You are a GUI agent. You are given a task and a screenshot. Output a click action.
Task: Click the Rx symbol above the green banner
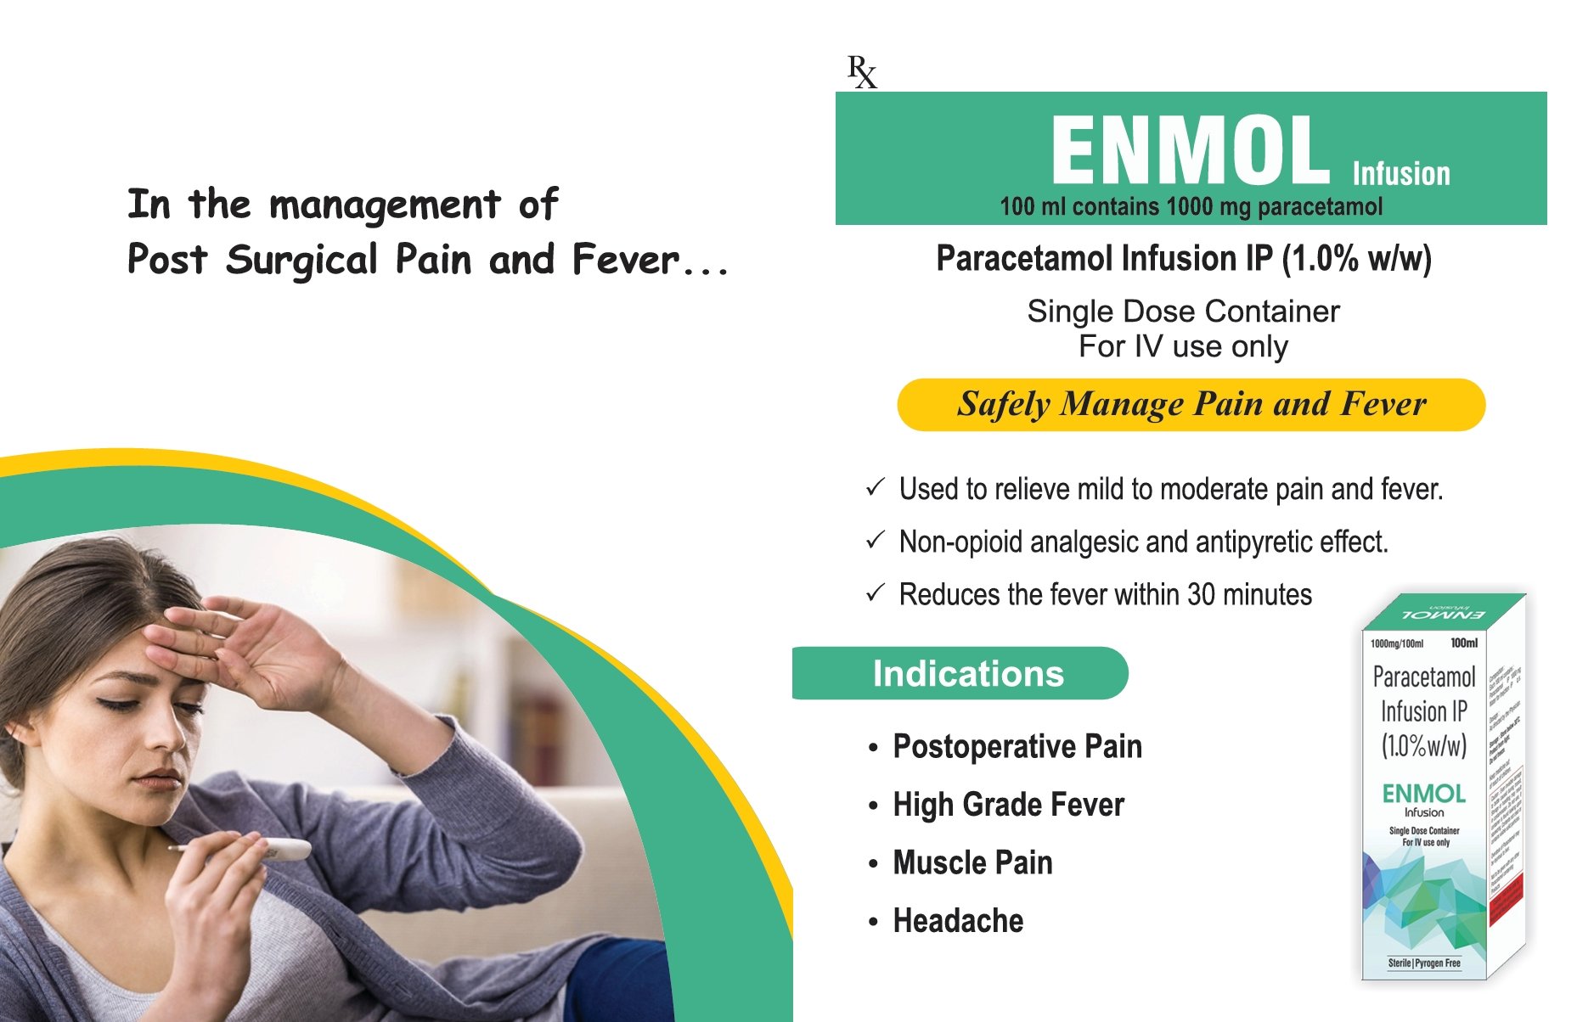pyautogui.click(x=862, y=72)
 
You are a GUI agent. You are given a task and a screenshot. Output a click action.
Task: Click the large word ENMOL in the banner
pyautogui.click(x=1190, y=151)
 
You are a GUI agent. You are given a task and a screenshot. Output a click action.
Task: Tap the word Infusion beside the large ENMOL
pyautogui.click(x=1401, y=174)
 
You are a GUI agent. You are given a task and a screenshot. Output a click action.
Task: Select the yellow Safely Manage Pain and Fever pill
pyautogui.click(x=1191, y=405)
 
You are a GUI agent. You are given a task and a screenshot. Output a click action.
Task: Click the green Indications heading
pyautogui.click(x=967, y=674)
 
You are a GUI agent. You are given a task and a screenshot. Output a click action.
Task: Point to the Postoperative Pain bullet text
pyautogui.click(x=1017, y=747)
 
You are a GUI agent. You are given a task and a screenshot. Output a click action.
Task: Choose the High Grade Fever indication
pyautogui.click(x=1008, y=805)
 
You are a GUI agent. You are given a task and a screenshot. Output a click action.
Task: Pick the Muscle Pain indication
pyautogui.click(x=972, y=863)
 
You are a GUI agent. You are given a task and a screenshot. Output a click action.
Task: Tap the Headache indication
pyautogui.click(x=958, y=921)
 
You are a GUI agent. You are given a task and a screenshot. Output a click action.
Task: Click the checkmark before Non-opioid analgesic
pyautogui.click(x=876, y=541)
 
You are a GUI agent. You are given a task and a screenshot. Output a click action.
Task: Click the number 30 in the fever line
pyautogui.click(x=1201, y=595)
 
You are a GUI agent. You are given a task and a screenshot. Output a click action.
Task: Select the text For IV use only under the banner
pyautogui.click(x=1183, y=347)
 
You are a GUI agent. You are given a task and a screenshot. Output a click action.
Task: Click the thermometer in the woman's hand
pyautogui.click(x=272, y=848)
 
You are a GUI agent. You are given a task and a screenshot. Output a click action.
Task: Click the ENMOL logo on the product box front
pyautogui.click(x=1423, y=794)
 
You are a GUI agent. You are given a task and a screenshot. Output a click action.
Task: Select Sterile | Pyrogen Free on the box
pyautogui.click(x=1424, y=963)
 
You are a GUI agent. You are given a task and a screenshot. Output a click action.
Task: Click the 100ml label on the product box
pyautogui.click(x=1464, y=643)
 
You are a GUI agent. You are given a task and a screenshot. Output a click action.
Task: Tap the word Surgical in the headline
pyautogui.click(x=301, y=261)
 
